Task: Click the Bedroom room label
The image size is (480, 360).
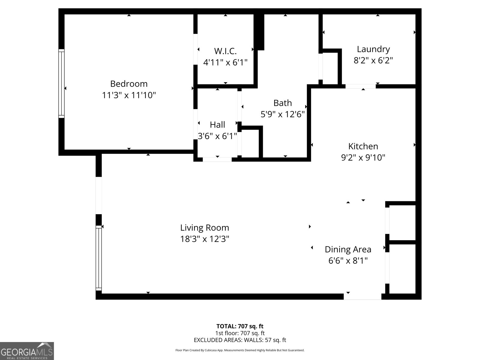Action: pos(129,83)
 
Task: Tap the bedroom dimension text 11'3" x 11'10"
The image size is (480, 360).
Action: pos(129,95)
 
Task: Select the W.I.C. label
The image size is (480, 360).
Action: pos(225,51)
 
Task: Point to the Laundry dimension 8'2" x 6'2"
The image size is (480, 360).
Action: pos(373,60)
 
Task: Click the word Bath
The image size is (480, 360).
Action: pos(282,103)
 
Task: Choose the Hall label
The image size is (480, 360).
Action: pos(217,124)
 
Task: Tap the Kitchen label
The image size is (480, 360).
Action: pos(363,146)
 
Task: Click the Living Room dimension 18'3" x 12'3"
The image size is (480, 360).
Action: pos(205,239)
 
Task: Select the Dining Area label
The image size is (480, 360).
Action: pos(348,249)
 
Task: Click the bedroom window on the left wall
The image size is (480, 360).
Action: pos(61,83)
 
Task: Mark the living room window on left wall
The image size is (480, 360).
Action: pos(98,258)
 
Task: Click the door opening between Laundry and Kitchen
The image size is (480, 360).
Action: pos(360,86)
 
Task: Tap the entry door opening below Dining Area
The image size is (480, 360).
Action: pos(362,296)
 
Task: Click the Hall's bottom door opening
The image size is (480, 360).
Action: pos(217,159)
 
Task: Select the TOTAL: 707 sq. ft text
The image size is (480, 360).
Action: pos(240,326)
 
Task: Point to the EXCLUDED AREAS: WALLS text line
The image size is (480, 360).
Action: pos(240,340)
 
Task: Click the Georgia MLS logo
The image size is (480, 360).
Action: pos(27,351)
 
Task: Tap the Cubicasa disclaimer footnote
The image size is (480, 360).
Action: pos(240,350)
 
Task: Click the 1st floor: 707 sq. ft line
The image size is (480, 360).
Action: pos(240,333)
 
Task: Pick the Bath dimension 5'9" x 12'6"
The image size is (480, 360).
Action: pos(282,114)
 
